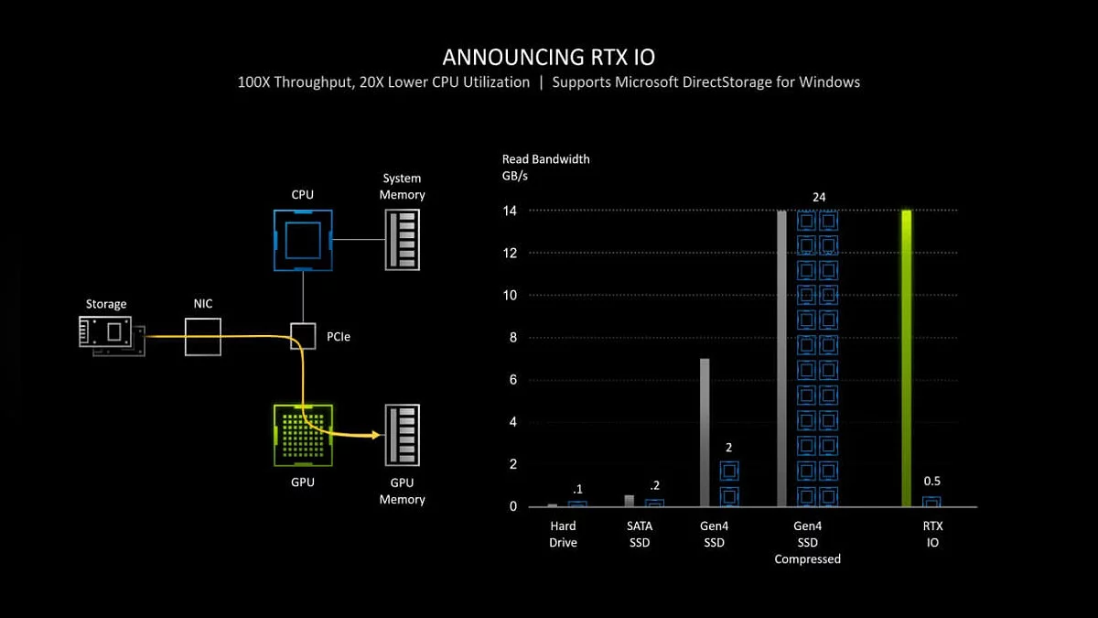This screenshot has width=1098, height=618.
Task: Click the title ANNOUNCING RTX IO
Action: [548, 57]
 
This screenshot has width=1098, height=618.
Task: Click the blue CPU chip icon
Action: [303, 241]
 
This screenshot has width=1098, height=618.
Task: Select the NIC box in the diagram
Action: [202, 336]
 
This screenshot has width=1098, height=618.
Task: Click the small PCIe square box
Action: [303, 336]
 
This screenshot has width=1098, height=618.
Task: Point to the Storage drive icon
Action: [111, 334]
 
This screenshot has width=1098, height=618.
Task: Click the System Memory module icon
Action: [403, 241]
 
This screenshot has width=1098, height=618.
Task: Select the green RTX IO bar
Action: [906, 358]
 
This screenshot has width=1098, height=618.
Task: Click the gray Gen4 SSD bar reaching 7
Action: [705, 432]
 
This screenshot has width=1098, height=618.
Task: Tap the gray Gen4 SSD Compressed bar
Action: [781, 358]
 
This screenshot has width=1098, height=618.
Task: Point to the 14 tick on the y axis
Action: [510, 211]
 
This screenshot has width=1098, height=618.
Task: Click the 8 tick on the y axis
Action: [513, 337]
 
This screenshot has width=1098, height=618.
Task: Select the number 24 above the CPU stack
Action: [819, 197]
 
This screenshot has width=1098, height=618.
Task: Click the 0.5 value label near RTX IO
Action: [931, 482]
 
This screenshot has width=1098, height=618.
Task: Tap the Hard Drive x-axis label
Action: [564, 534]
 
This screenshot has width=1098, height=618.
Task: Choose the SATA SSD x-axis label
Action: [640, 534]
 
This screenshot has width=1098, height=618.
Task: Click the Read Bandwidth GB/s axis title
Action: [545, 168]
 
